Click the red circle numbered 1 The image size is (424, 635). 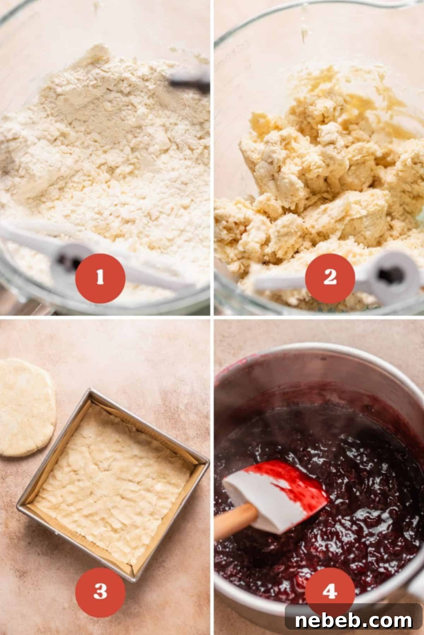point(100,278)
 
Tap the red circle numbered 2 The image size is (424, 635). point(330,278)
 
